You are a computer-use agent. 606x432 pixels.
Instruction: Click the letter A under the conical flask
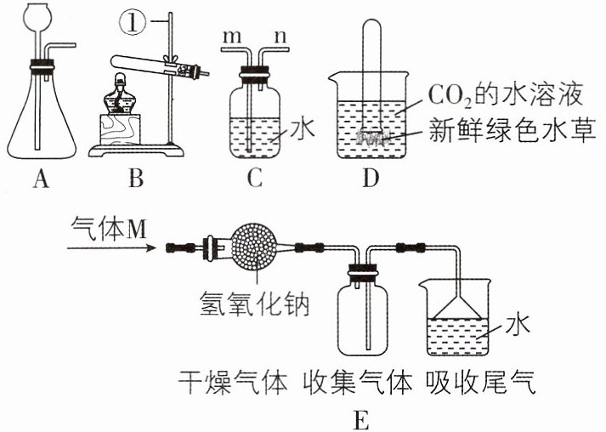pyautogui.click(x=42, y=179)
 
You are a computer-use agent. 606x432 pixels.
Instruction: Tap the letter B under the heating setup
pyautogui.click(x=136, y=179)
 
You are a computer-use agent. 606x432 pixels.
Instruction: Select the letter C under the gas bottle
pyautogui.click(x=255, y=179)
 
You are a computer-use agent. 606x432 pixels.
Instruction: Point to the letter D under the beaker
pyautogui.click(x=371, y=179)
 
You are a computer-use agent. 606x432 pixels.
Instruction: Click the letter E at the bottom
pyautogui.click(x=360, y=421)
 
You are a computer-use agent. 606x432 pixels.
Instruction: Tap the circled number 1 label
pyautogui.click(x=133, y=22)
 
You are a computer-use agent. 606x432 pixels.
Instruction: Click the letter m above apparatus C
pyautogui.click(x=233, y=37)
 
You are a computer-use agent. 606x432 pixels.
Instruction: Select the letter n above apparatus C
pyautogui.click(x=280, y=37)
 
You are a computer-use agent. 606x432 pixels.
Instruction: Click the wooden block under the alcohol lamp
pyautogui.click(x=120, y=129)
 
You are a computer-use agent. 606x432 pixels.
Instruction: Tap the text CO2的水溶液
pyautogui.click(x=505, y=95)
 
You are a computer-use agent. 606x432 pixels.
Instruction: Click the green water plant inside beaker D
pyautogui.click(x=371, y=137)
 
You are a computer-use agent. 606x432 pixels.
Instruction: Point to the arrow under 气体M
pyautogui.click(x=111, y=248)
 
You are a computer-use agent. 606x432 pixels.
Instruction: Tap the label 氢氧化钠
pyautogui.click(x=254, y=304)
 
